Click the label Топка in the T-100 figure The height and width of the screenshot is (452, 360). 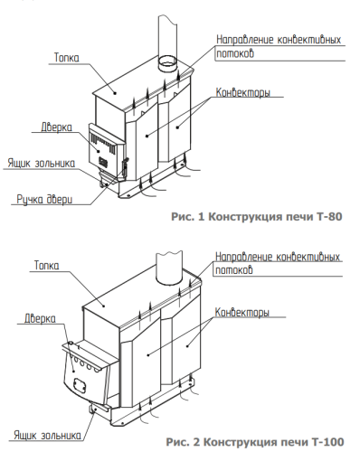pyautogui.click(x=47, y=267)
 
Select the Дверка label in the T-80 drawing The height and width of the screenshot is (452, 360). pyautogui.click(x=56, y=127)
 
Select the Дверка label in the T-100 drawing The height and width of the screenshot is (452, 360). pyautogui.click(x=41, y=319)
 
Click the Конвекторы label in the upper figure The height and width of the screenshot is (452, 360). pyautogui.click(x=244, y=93)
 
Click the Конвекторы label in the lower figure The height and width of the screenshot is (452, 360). pyautogui.click(x=243, y=314)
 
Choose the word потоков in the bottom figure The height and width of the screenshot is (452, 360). pyautogui.click(x=233, y=270)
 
